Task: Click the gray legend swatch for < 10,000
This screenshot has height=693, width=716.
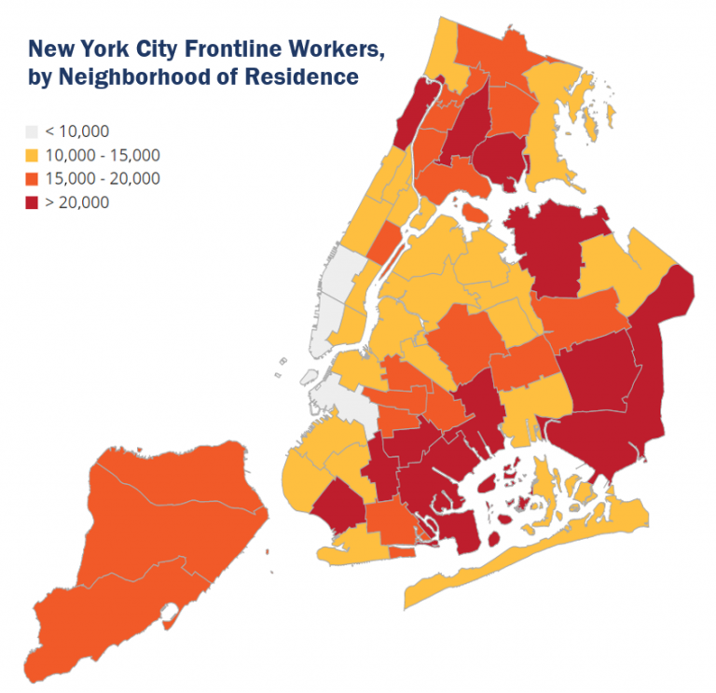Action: click(x=32, y=132)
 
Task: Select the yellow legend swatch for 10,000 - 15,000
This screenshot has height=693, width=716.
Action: click(x=32, y=155)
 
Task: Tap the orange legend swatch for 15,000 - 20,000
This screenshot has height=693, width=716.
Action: click(x=32, y=178)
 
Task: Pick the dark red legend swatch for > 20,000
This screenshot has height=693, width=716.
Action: click(x=32, y=201)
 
